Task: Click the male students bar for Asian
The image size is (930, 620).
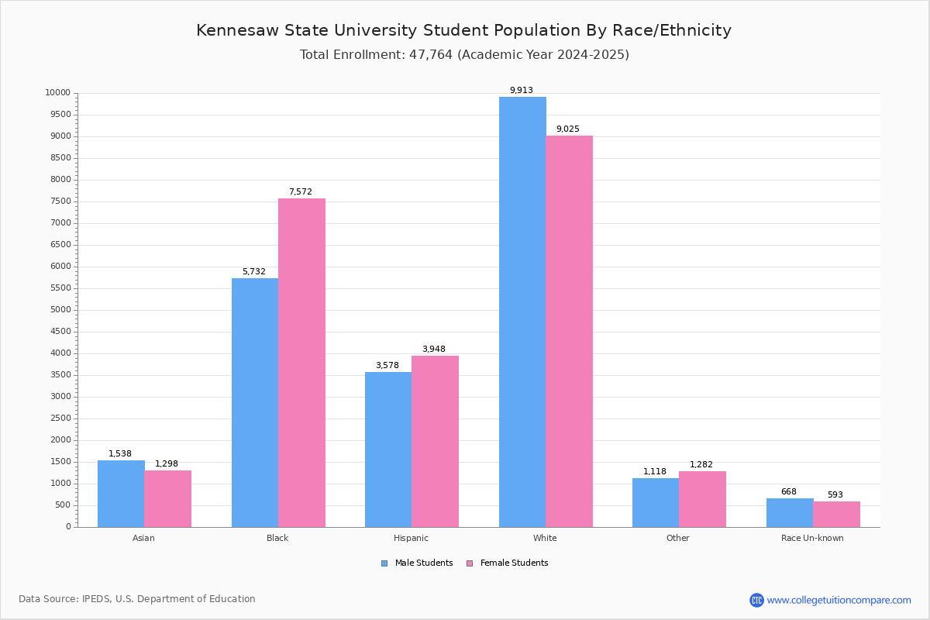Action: [x=121, y=494]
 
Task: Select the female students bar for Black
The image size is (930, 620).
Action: [x=301, y=363]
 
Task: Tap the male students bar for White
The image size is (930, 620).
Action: [x=522, y=312]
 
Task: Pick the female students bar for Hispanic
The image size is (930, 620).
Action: [x=435, y=441]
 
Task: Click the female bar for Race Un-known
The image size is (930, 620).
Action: [x=836, y=514]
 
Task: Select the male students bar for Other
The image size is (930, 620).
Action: [x=656, y=502]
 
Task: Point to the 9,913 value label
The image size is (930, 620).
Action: [x=521, y=91]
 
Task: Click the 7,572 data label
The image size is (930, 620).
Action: [x=301, y=192]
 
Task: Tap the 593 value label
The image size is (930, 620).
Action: [x=835, y=495]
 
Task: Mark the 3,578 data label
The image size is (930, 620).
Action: [x=387, y=366]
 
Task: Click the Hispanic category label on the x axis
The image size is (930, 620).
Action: [x=411, y=538]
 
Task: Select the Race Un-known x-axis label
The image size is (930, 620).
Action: [x=812, y=538]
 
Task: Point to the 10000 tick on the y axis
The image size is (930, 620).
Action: [x=58, y=93]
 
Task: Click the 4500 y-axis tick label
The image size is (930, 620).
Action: [x=60, y=332]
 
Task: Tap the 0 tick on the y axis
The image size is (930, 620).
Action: [x=68, y=527]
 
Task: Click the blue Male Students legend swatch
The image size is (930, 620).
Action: [x=384, y=563]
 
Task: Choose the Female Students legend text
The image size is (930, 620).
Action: [x=514, y=563]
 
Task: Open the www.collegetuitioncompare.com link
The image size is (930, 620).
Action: [x=839, y=600]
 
